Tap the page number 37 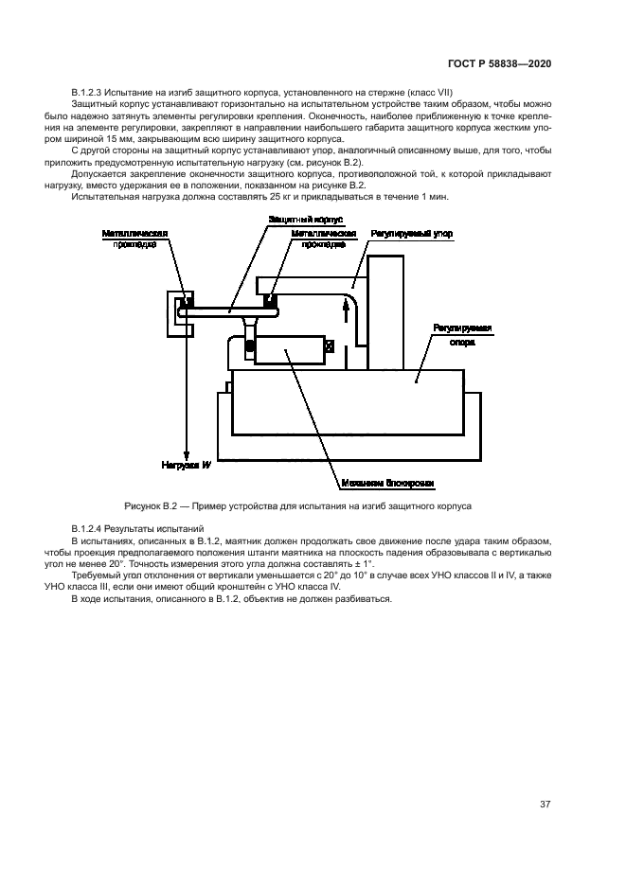click(x=545, y=805)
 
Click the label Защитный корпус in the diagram click(x=297, y=219)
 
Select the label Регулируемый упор click(x=412, y=232)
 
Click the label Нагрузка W click(x=186, y=465)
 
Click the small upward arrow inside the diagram click(x=358, y=303)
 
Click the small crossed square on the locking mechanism click(x=329, y=347)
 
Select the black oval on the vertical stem click(x=250, y=347)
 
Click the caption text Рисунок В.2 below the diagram click(x=150, y=504)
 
